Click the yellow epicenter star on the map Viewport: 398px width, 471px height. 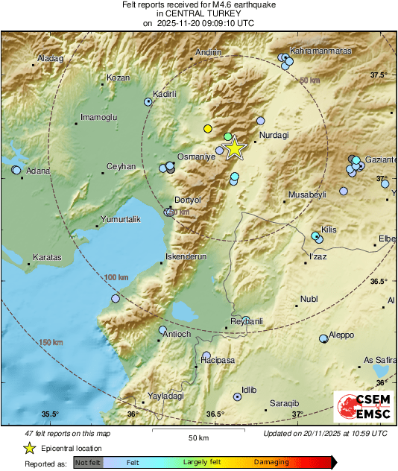point(234,148)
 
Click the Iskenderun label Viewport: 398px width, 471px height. point(185,256)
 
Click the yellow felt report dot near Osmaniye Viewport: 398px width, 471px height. point(208,128)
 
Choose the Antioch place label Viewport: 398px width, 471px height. point(177,334)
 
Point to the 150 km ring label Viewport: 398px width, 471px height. point(51,342)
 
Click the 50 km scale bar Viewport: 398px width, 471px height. point(198,432)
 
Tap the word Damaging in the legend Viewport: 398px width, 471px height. point(271,462)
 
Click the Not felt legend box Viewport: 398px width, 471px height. point(87,462)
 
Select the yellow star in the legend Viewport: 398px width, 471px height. point(29,448)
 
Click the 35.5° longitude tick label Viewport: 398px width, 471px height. point(49,414)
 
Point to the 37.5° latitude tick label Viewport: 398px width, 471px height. point(379,75)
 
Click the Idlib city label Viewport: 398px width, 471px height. point(249,389)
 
